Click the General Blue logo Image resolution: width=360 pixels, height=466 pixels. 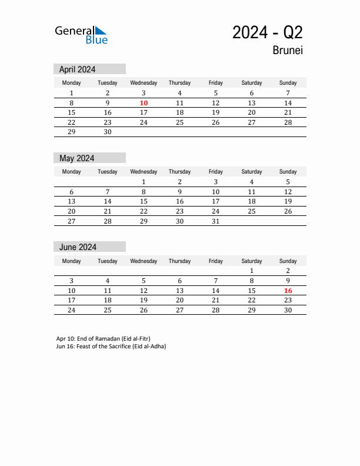tap(81, 35)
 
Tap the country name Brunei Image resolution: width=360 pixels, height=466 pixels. tap(288, 51)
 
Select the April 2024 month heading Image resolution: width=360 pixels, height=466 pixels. tap(78, 69)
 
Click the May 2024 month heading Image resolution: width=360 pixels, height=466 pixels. tap(77, 158)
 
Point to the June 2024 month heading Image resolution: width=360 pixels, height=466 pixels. tap(78, 247)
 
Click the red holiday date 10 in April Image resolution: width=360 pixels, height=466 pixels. tap(144, 103)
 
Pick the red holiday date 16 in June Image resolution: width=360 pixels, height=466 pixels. tap(288, 291)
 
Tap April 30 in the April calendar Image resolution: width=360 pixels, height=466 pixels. tap(108, 132)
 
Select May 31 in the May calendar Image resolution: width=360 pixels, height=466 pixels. tap(215, 221)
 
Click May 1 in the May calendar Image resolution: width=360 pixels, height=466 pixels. tap(144, 182)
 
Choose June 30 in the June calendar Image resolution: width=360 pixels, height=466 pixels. tap(288, 310)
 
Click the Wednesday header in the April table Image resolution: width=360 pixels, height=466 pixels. tap(144, 83)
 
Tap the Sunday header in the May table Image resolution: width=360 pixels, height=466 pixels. tap(288, 172)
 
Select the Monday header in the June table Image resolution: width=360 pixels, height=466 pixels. tap(72, 261)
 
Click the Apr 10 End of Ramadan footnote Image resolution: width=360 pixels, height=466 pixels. tap(104, 339)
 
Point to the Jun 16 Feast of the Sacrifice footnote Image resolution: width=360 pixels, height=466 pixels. tap(111, 347)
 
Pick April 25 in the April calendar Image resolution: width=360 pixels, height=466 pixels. tap(179, 122)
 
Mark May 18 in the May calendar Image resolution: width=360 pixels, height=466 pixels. tap(252, 201)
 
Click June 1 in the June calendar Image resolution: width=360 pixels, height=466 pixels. tap(252, 271)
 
